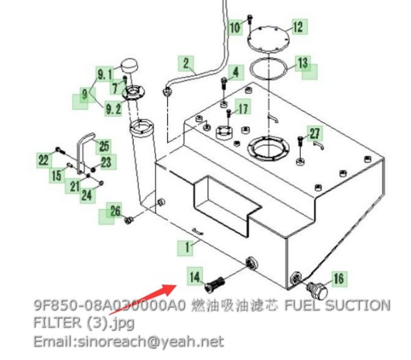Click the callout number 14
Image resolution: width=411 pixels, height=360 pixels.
[x=195, y=276]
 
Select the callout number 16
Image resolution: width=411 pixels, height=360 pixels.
[x=339, y=279]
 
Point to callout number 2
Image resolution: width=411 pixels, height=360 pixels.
[x=186, y=63]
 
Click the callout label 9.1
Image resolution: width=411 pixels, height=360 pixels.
[x=105, y=74]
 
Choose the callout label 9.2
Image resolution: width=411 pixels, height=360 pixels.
[x=113, y=108]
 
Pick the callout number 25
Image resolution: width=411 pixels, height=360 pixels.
[x=104, y=147]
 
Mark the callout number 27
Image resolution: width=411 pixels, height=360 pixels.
[x=315, y=133]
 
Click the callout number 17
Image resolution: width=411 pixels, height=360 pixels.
[x=242, y=107]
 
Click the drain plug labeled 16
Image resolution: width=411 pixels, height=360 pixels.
[x=316, y=289]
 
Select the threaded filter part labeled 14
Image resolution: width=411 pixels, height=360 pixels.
[x=215, y=285]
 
